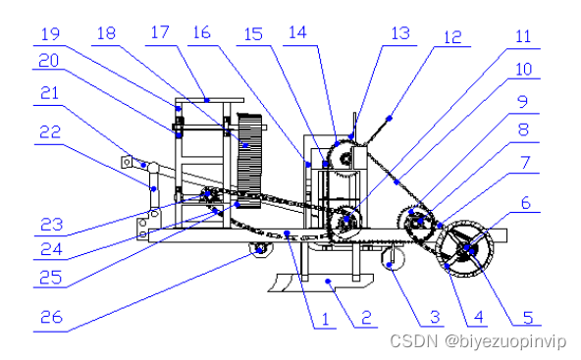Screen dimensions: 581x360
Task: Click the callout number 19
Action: point(50,34)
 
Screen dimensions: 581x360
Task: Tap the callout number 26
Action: point(51,317)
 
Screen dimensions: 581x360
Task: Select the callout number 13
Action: point(400,33)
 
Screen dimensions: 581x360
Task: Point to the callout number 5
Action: point(528,318)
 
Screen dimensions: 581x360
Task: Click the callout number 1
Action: point(325,319)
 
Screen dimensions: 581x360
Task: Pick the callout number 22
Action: point(50,131)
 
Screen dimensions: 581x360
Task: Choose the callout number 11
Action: point(523,36)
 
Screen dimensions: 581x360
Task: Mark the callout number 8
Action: point(523,130)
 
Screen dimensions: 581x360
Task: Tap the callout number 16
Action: point(202,32)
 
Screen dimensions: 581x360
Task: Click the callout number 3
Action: point(435,318)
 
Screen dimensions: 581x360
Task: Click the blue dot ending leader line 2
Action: point(328,282)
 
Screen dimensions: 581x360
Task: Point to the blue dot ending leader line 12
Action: point(389,119)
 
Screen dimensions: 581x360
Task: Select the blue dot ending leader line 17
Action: point(207,100)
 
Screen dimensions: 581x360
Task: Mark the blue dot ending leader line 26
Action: point(260,251)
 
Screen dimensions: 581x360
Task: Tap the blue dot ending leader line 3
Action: point(389,265)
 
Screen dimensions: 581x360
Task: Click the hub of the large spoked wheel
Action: point(466,248)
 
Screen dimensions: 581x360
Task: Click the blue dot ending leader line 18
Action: point(245,145)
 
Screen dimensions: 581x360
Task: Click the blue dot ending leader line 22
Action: point(154,189)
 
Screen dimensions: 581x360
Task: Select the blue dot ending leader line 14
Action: point(338,143)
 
